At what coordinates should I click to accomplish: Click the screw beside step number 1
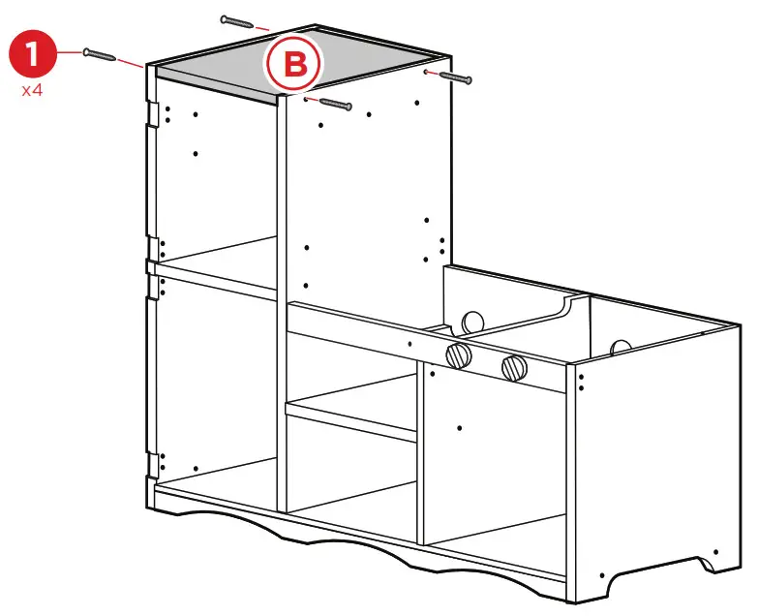(x=101, y=54)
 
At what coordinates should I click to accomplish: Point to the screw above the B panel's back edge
(x=237, y=20)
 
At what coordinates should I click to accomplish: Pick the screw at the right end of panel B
(x=454, y=76)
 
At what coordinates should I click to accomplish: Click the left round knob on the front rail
(x=458, y=355)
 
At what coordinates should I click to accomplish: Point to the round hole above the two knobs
(x=473, y=321)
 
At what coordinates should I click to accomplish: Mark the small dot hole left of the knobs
(x=410, y=344)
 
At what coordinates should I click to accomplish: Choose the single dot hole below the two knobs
(x=458, y=426)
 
